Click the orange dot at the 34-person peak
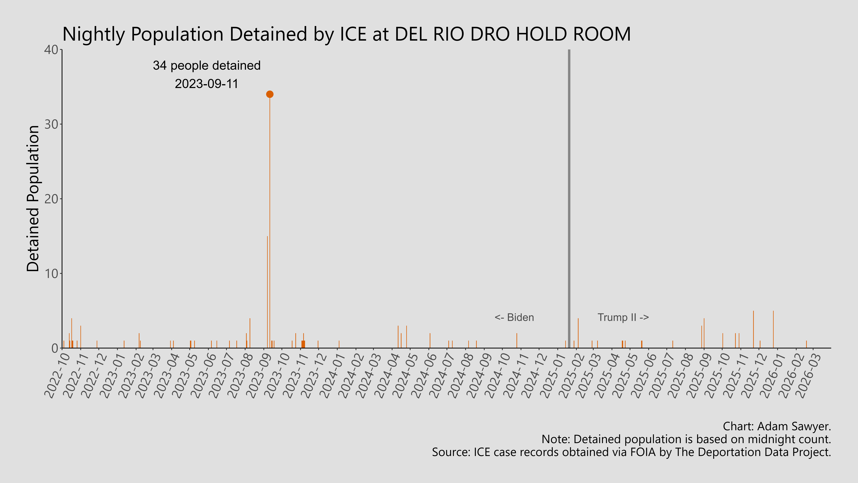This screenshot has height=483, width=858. (270, 94)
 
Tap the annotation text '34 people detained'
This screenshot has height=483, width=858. (207, 66)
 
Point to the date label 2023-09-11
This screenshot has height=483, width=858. (207, 84)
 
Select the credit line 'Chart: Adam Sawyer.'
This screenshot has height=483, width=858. (777, 426)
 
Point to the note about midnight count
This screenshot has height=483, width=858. (686, 439)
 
